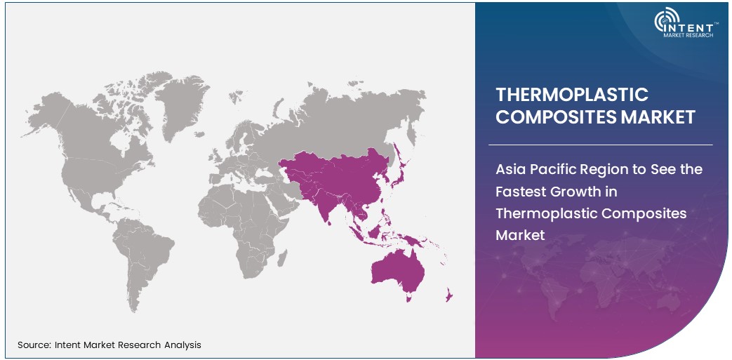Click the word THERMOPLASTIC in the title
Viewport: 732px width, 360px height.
tap(572, 95)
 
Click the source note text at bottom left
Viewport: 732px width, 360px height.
tap(109, 345)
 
